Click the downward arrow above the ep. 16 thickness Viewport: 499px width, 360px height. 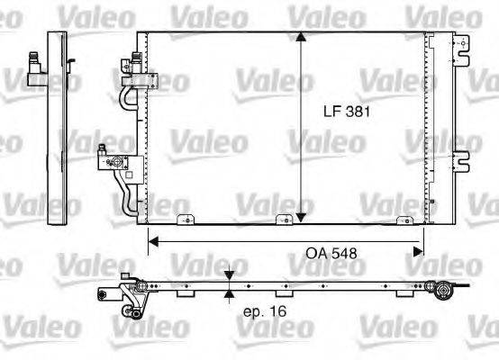(230, 276)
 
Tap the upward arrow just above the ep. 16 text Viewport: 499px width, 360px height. (230, 294)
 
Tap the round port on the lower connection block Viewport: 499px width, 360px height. (114, 163)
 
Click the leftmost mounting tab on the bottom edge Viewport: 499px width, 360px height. (185, 219)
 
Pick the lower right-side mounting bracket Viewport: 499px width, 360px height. (461, 159)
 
